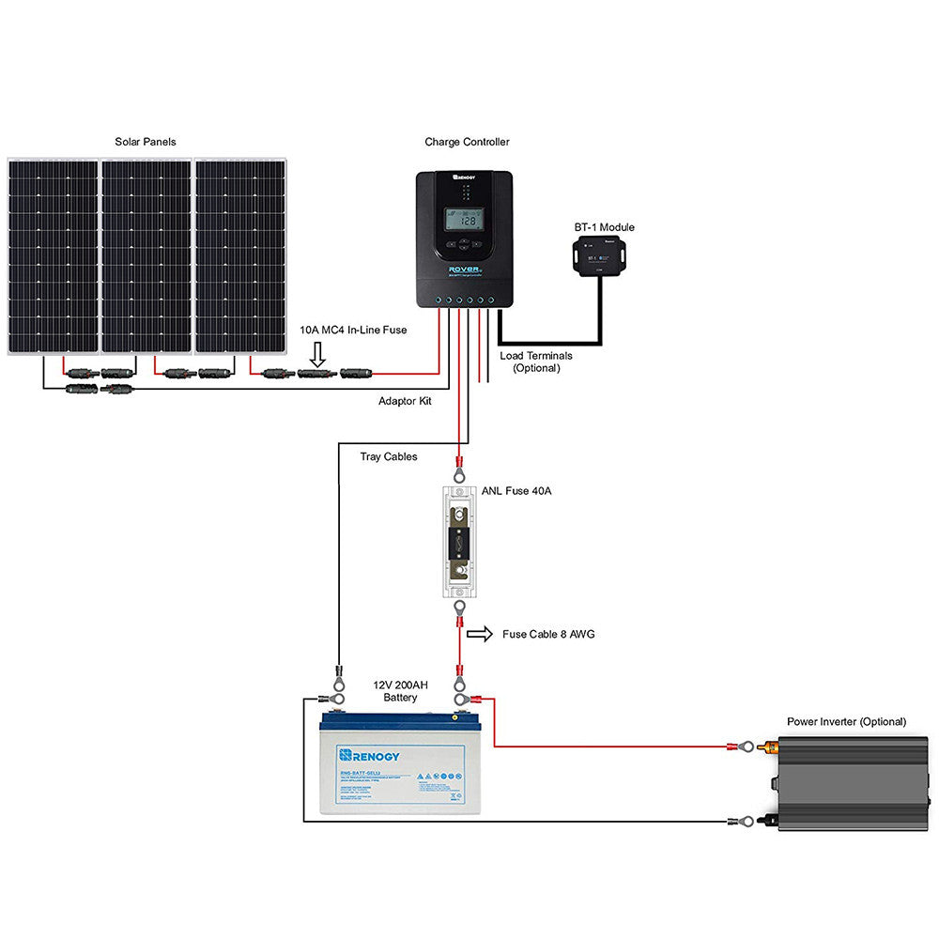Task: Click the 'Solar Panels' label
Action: click(146, 142)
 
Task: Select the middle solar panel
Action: click(146, 255)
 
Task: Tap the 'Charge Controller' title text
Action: click(467, 142)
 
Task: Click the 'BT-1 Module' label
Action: click(604, 227)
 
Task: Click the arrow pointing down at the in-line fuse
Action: click(316, 353)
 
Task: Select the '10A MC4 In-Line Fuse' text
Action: click(353, 330)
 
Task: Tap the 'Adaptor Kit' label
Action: click(405, 401)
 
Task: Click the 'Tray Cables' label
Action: click(389, 457)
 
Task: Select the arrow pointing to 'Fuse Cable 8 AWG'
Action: click(479, 634)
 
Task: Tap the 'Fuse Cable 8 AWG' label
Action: click(548, 634)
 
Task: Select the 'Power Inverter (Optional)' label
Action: click(846, 722)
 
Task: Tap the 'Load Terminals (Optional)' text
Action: click(536, 362)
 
